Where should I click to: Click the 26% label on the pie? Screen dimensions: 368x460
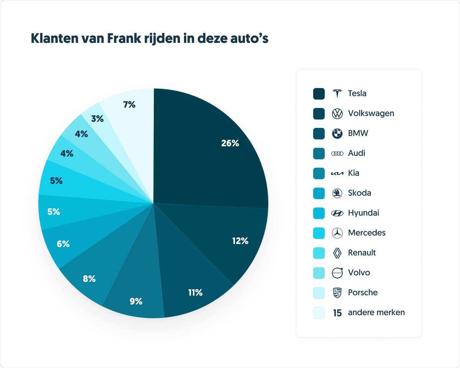(x=230, y=143)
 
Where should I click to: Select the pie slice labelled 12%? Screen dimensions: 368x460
(x=240, y=241)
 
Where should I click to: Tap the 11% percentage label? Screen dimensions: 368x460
(x=195, y=293)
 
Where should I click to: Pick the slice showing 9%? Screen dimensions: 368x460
(x=136, y=301)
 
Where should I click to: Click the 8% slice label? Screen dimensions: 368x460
(x=89, y=279)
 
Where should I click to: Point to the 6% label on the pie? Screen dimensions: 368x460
(x=63, y=244)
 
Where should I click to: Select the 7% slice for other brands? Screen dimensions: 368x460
(x=129, y=104)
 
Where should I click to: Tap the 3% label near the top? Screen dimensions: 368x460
(x=97, y=119)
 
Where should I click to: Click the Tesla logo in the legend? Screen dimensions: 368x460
(x=337, y=93)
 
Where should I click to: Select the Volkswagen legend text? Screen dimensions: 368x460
(x=371, y=113)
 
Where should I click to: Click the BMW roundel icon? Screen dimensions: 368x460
(x=337, y=133)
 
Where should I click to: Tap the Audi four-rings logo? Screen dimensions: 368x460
(x=337, y=153)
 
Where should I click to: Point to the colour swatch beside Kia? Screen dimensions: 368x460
(x=319, y=173)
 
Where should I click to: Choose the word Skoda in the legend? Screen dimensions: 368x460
(x=359, y=193)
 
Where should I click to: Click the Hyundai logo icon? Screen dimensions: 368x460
(x=337, y=213)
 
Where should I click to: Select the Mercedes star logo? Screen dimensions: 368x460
(x=337, y=233)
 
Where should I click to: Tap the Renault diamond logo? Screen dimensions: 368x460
(x=337, y=253)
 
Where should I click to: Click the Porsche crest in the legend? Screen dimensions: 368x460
(x=337, y=293)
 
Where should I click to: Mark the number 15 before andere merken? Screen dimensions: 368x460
(x=337, y=313)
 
